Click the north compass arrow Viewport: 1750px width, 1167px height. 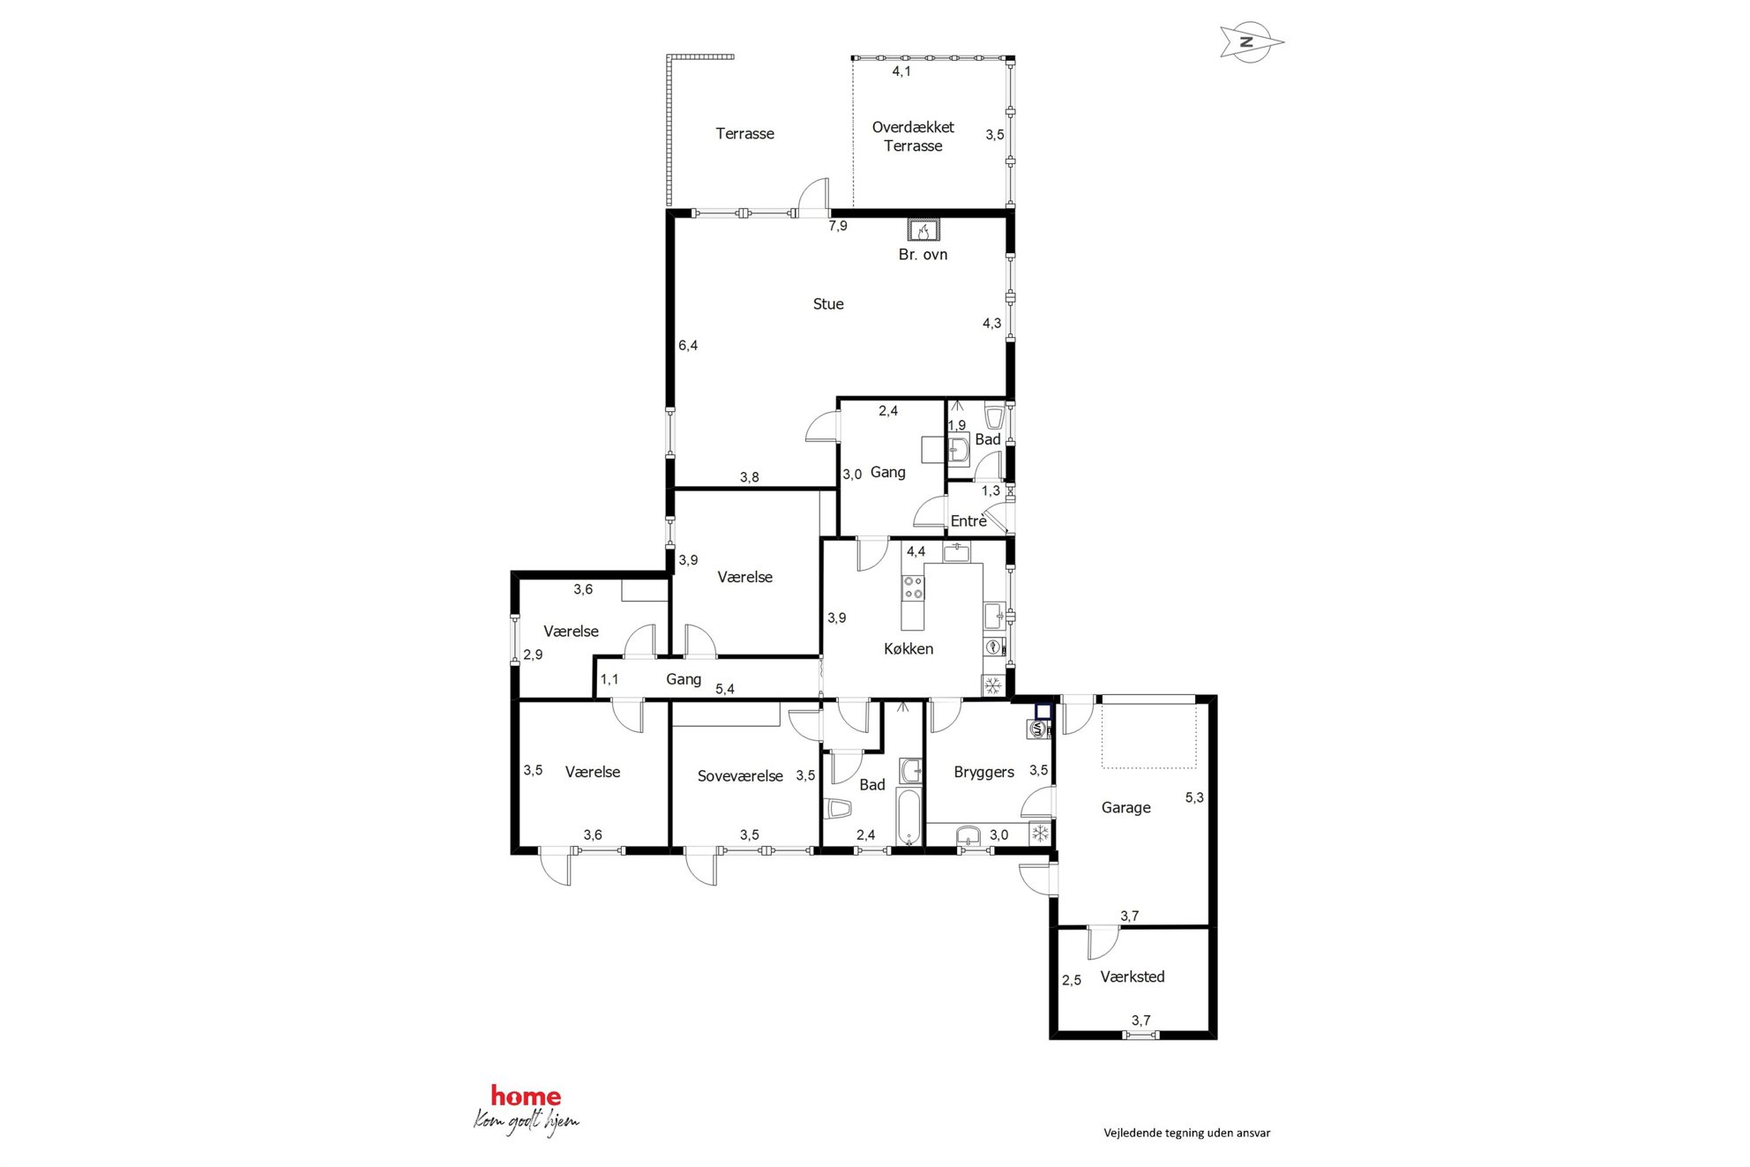pos(1251,41)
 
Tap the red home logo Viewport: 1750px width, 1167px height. pos(526,1096)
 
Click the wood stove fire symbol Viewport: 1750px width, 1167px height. pos(924,231)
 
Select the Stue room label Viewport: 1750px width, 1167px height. pos(828,304)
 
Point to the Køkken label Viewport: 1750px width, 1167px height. pos(909,649)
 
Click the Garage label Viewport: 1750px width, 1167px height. pos(1126,808)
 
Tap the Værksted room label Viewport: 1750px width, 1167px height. pos(1133,977)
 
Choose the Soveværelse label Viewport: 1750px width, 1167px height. pos(740,776)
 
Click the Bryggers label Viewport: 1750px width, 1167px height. pos(983,773)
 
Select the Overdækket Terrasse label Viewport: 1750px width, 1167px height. pos(913,137)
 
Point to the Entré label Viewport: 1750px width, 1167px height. pos(968,521)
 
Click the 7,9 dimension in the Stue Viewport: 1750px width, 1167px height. pos(838,227)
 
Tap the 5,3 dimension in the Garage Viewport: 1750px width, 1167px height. pos(1194,797)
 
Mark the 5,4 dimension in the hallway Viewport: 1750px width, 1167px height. pos(725,689)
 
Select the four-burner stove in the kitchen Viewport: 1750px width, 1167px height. pos(913,587)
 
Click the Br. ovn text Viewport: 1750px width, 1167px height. pos(923,255)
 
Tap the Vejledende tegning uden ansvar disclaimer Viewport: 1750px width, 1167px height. pos(1186,1133)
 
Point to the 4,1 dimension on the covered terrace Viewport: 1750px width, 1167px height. pos(901,71)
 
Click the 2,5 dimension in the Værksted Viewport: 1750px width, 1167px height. pos(1072,980)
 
